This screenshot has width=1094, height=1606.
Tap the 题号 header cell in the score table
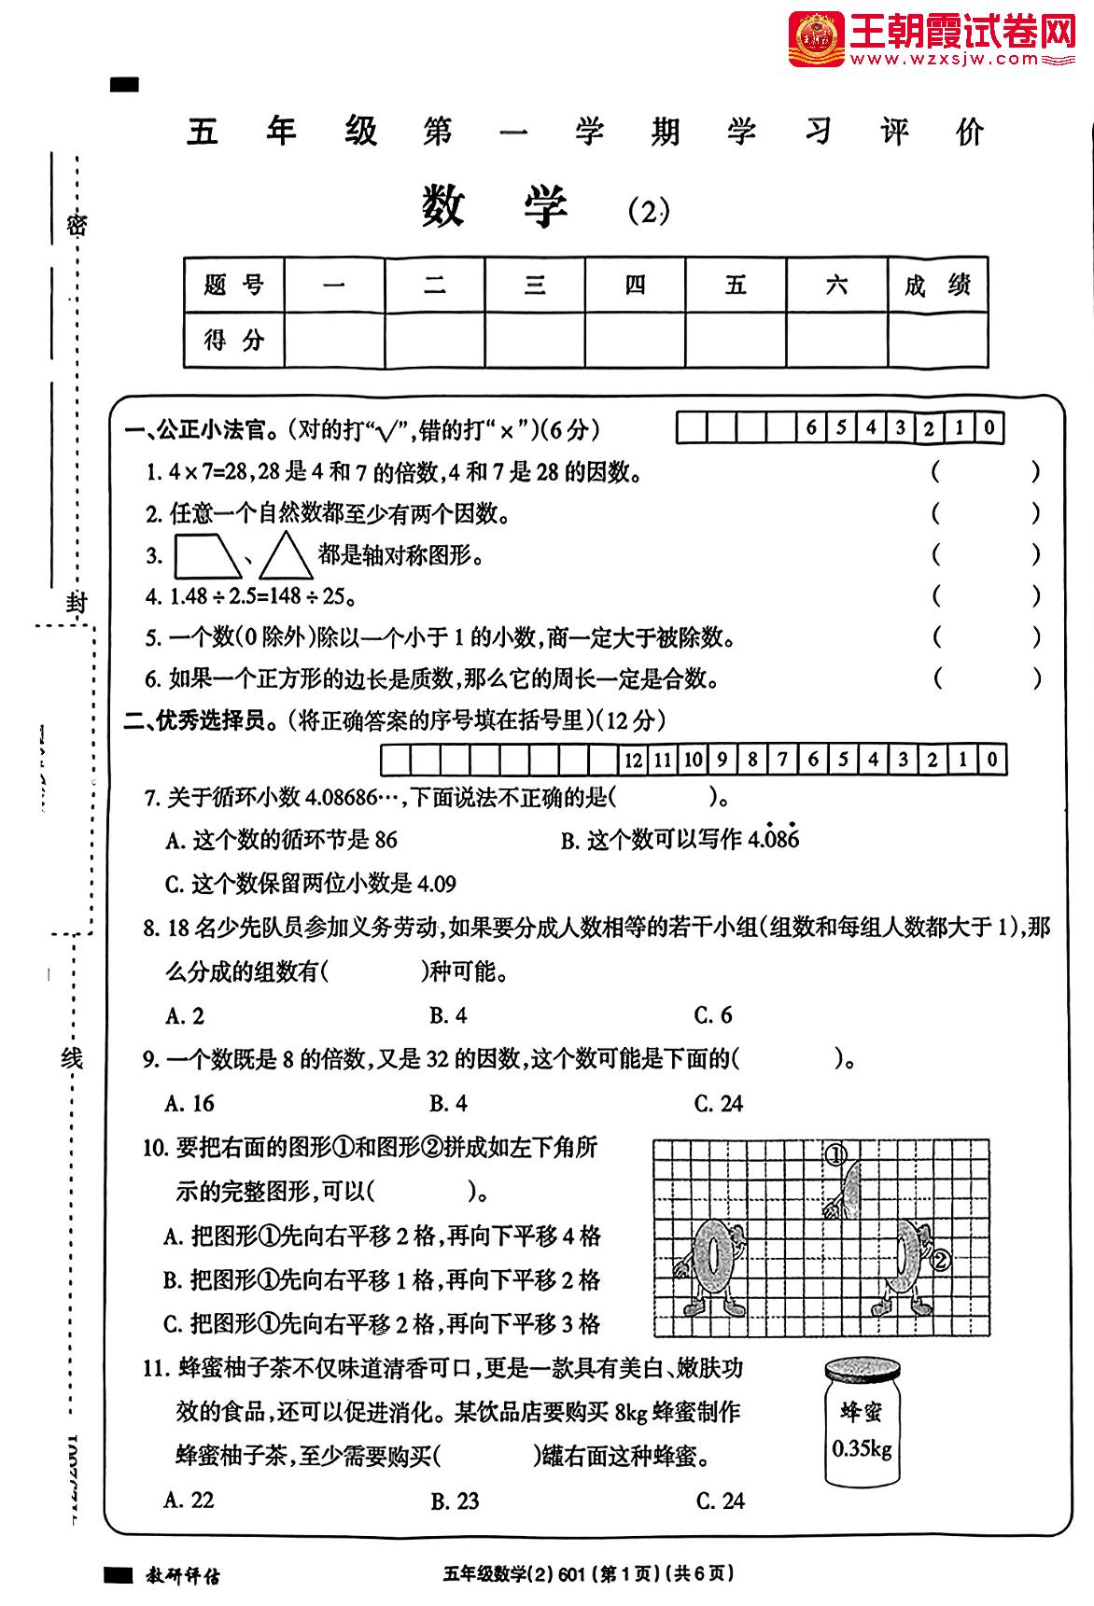[x=234, y=285]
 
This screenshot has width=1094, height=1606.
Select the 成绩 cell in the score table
[x=936, y=285]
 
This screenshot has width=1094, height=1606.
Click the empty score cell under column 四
[x=635, y=340]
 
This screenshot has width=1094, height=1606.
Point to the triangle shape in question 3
[x=286, y=556]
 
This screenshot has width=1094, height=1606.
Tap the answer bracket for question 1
[x=985, y=471]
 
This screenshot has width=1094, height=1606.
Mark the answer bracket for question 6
[x=985, y=678]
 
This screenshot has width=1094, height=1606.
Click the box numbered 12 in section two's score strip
[x=634, y=760]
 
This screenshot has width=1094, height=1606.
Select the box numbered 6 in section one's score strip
[x=811, y=428]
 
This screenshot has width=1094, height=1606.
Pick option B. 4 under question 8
[x=448, y=1015]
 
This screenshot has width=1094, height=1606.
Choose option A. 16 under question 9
[x=189, y=1103]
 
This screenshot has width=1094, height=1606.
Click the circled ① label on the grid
[x=836, y=1155]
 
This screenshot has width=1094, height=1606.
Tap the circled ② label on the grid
[x=940, y=1260]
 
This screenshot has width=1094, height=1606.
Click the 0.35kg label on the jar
[x=862, y=1449]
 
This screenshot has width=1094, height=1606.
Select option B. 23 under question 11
[x=455, y=1501]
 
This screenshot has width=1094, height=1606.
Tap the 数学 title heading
[x=495, y=206]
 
